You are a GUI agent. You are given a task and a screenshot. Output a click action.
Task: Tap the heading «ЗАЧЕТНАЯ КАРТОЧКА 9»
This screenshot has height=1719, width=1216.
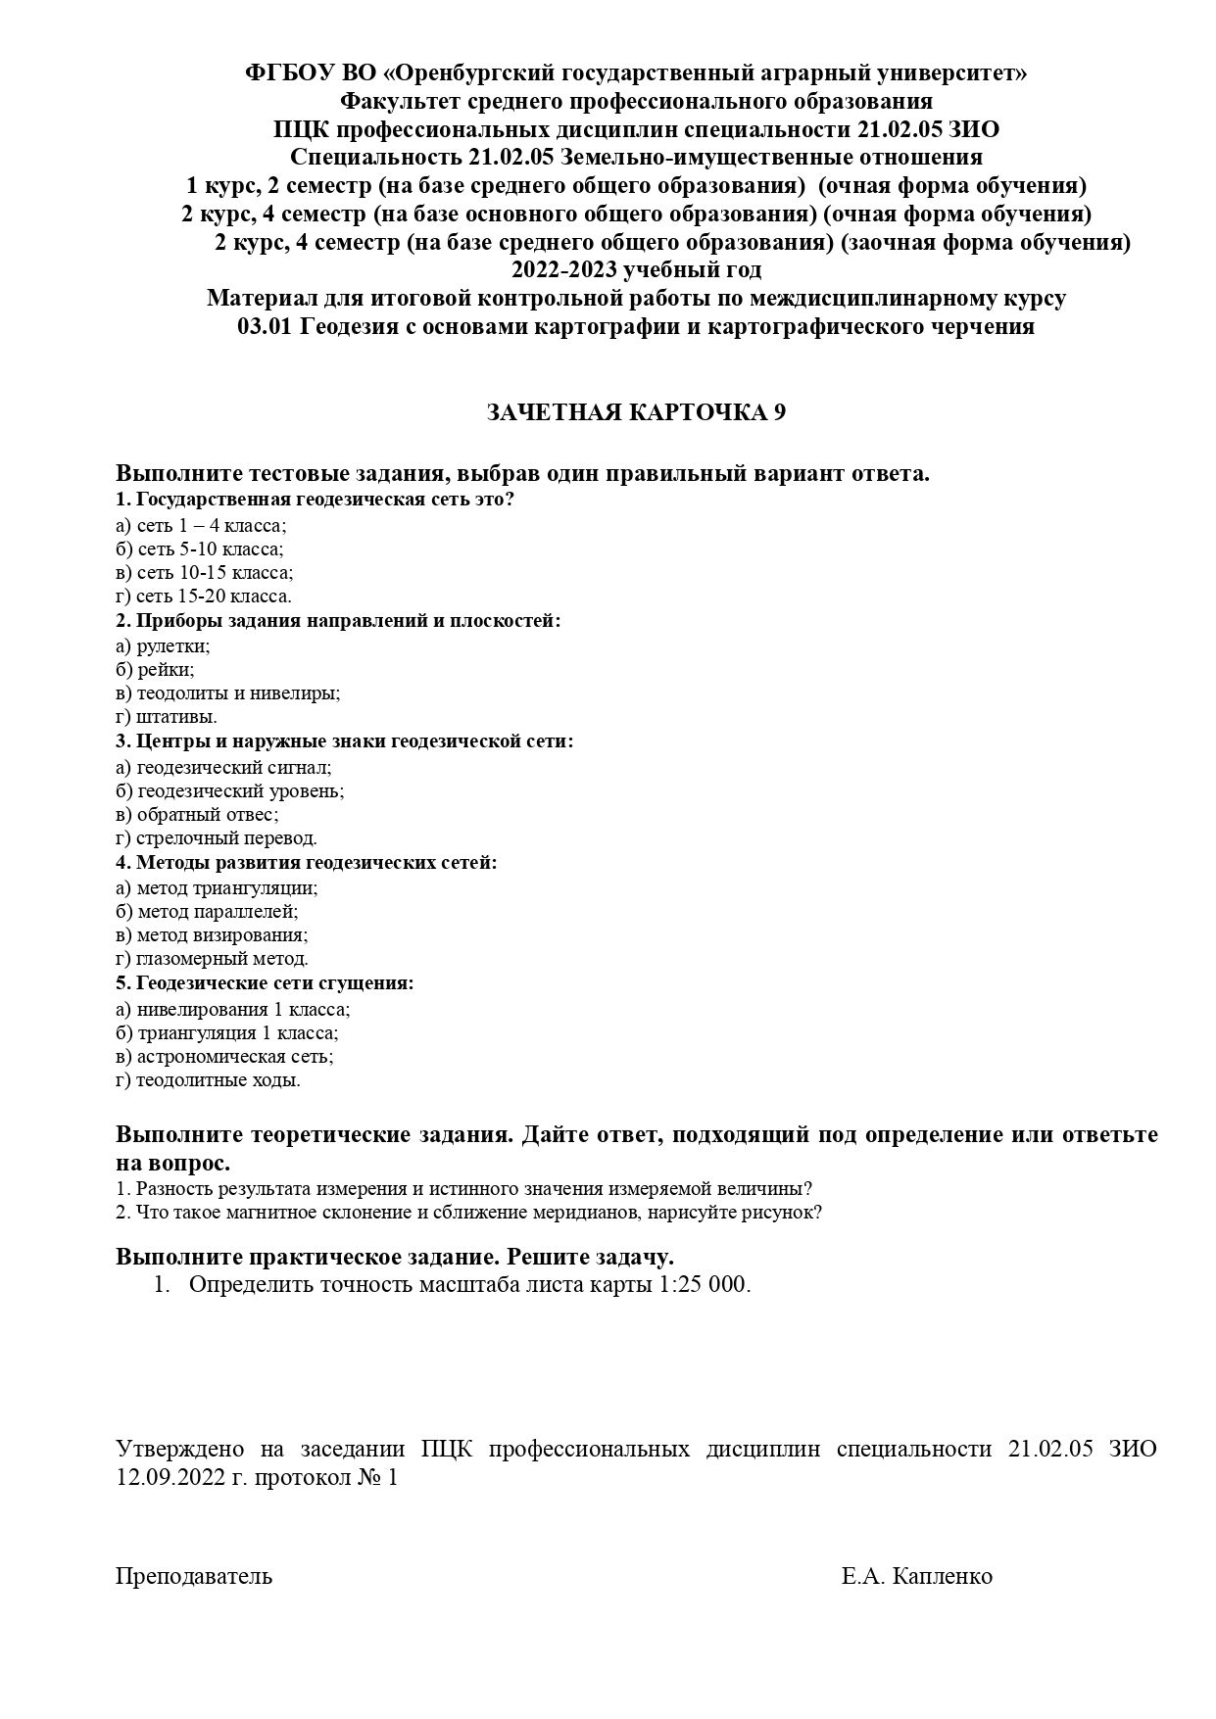[636, 413]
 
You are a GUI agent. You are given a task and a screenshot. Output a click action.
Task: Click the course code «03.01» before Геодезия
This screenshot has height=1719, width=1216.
[265, 327]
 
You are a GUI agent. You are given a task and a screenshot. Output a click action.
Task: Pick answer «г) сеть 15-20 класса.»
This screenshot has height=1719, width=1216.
[203, 597]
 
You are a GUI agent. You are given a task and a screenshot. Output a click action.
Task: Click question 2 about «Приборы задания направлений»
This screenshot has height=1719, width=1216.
[338, 621]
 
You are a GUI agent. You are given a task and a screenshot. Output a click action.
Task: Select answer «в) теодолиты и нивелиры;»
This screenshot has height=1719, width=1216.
[227, 693]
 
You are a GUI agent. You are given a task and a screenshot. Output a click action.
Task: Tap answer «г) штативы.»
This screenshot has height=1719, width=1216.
[166, 717]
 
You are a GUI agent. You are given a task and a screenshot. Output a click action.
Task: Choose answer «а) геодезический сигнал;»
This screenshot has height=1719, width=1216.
[223, 768]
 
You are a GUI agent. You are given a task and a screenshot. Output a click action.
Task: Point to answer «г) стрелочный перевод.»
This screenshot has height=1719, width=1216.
[216, 838]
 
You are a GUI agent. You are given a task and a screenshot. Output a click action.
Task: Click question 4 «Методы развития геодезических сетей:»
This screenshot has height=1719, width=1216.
[307, 863]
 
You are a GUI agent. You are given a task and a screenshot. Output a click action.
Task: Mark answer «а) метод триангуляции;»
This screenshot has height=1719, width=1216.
[217, 888]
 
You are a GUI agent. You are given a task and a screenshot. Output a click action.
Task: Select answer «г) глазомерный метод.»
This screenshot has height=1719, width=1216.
[212, 959]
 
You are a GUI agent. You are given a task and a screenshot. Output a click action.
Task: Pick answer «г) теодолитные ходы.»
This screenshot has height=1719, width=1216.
[208, 1080]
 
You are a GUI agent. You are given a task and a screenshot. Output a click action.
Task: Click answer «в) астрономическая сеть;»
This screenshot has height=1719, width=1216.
[224, 1057]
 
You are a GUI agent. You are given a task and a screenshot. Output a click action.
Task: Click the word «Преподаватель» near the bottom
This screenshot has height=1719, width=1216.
[194, 1577]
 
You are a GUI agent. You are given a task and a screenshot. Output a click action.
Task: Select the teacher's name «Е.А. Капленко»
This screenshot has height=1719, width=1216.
[916, 1577]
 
